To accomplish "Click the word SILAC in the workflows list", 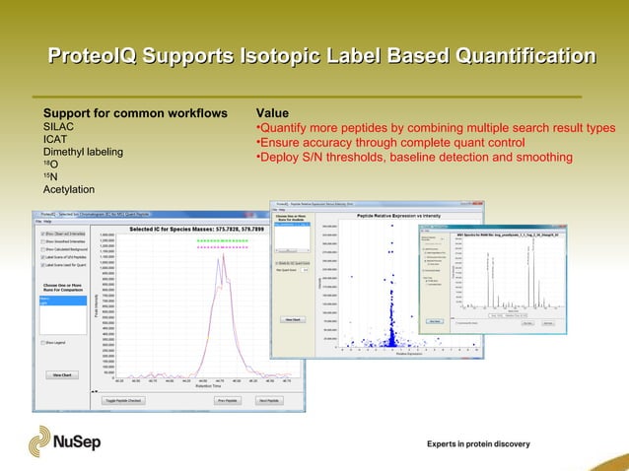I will tap(59, 127).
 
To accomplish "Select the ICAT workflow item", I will tap(55, 140).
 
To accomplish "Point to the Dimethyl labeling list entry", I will tap(84, 152).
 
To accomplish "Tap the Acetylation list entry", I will tap(69, 189).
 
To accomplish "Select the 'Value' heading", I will tap(271, 112).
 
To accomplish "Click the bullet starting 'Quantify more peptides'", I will tap(435, 128).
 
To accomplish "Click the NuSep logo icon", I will tap(45, 439).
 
